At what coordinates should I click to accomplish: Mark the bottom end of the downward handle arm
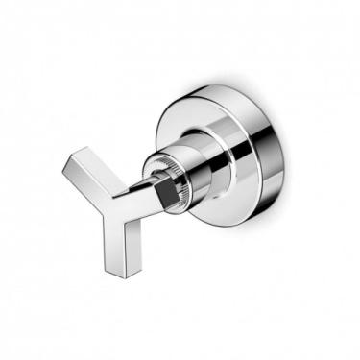pos(124,274)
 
